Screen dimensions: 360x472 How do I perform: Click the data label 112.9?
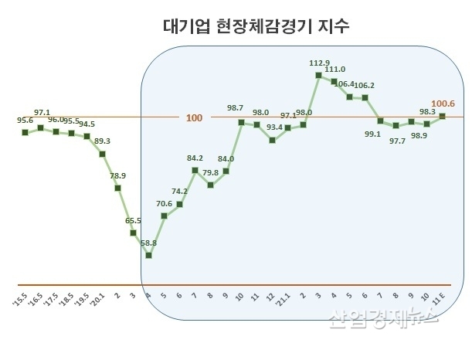pyautogui.click(x=318, y=63)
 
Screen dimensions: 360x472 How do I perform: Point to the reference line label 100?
pyautogui.click(x=195, y=118)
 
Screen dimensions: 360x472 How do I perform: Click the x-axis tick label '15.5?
pyautogui.click(x=22, y=298)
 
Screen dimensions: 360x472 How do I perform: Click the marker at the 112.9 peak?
pyautogui.click(x=318, y=75)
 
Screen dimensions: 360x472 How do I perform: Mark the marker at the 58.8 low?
pyautogui.click(x=148, y=255)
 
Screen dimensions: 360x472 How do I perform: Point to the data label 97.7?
pyautogui.click(x=396, y=140)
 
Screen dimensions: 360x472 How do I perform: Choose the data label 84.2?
pyautogui.click(x=194, y=158)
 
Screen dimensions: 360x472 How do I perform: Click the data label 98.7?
pyautogui.click(x=235, y=108)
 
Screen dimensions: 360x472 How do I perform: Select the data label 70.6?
pyautogui.click(x=164, y=203)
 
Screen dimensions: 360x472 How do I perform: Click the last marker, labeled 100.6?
pyautogui.click(x=442, y=117)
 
